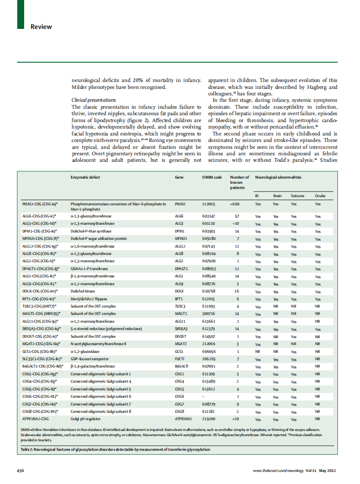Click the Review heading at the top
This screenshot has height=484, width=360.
[x=41, y=27]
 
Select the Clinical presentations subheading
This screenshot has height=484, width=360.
[x=93, y=100]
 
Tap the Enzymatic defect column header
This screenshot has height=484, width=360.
[x=85, y=177]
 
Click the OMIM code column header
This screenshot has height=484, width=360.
[x=212, y=177]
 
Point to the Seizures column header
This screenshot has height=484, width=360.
[x=297, y=196]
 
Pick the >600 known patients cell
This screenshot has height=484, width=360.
[x=235, y=204]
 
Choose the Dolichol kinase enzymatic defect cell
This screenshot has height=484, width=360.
[x=83, y=292]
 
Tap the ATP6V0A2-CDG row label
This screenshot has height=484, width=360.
[x=35, y=418]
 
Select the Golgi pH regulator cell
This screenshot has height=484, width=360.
[x=85, y=418]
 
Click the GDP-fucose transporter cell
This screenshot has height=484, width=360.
[x=90, y=359]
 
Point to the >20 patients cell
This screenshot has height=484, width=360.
[x=235, y=418]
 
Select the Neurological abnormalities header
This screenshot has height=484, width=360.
[x=278, y=177]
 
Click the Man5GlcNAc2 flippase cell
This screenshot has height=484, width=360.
[x=89, y=299]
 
